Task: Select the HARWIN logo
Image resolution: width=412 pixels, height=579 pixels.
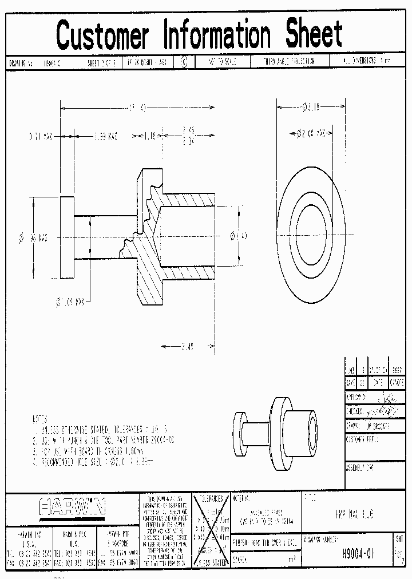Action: pos(73,506)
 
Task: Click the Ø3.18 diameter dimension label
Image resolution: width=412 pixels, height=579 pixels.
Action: pos(311,106)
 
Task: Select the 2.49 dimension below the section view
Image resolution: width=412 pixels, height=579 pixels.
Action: pos(187,346)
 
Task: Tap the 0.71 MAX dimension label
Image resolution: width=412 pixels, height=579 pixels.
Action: pos(41,137)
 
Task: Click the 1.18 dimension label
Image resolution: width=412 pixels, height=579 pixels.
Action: pos(150,136)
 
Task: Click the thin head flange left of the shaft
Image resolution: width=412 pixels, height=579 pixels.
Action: pos(66,236)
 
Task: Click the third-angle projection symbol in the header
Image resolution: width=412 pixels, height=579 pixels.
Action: pos(184,62)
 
